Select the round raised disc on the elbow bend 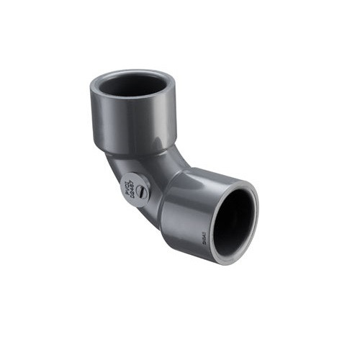(x=136, y=189)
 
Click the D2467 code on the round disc (x=136, y=184)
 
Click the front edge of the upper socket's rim (x=133, y=98)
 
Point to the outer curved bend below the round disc (x=144, y=220)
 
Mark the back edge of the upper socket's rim (x=133, y=71)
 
